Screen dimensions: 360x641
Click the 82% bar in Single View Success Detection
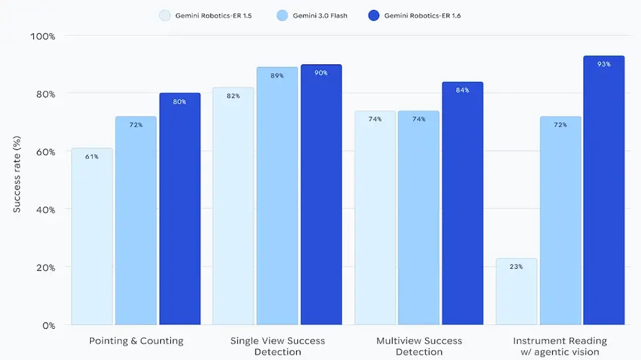[x=233, y=206]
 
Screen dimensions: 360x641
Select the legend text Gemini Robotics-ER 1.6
[x=422, y=15]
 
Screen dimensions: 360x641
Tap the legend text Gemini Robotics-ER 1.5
[x=213, y=15]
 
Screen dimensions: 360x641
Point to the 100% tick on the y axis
[x=42, y=36]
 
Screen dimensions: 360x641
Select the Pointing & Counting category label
[x=136, y=341]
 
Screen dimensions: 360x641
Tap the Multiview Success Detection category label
[x=419, y=346]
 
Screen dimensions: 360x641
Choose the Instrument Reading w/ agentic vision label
[x=560, y=346]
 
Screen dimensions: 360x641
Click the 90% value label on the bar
[x=321, y=73]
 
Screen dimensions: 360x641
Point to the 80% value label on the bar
[x=179, y=102]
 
